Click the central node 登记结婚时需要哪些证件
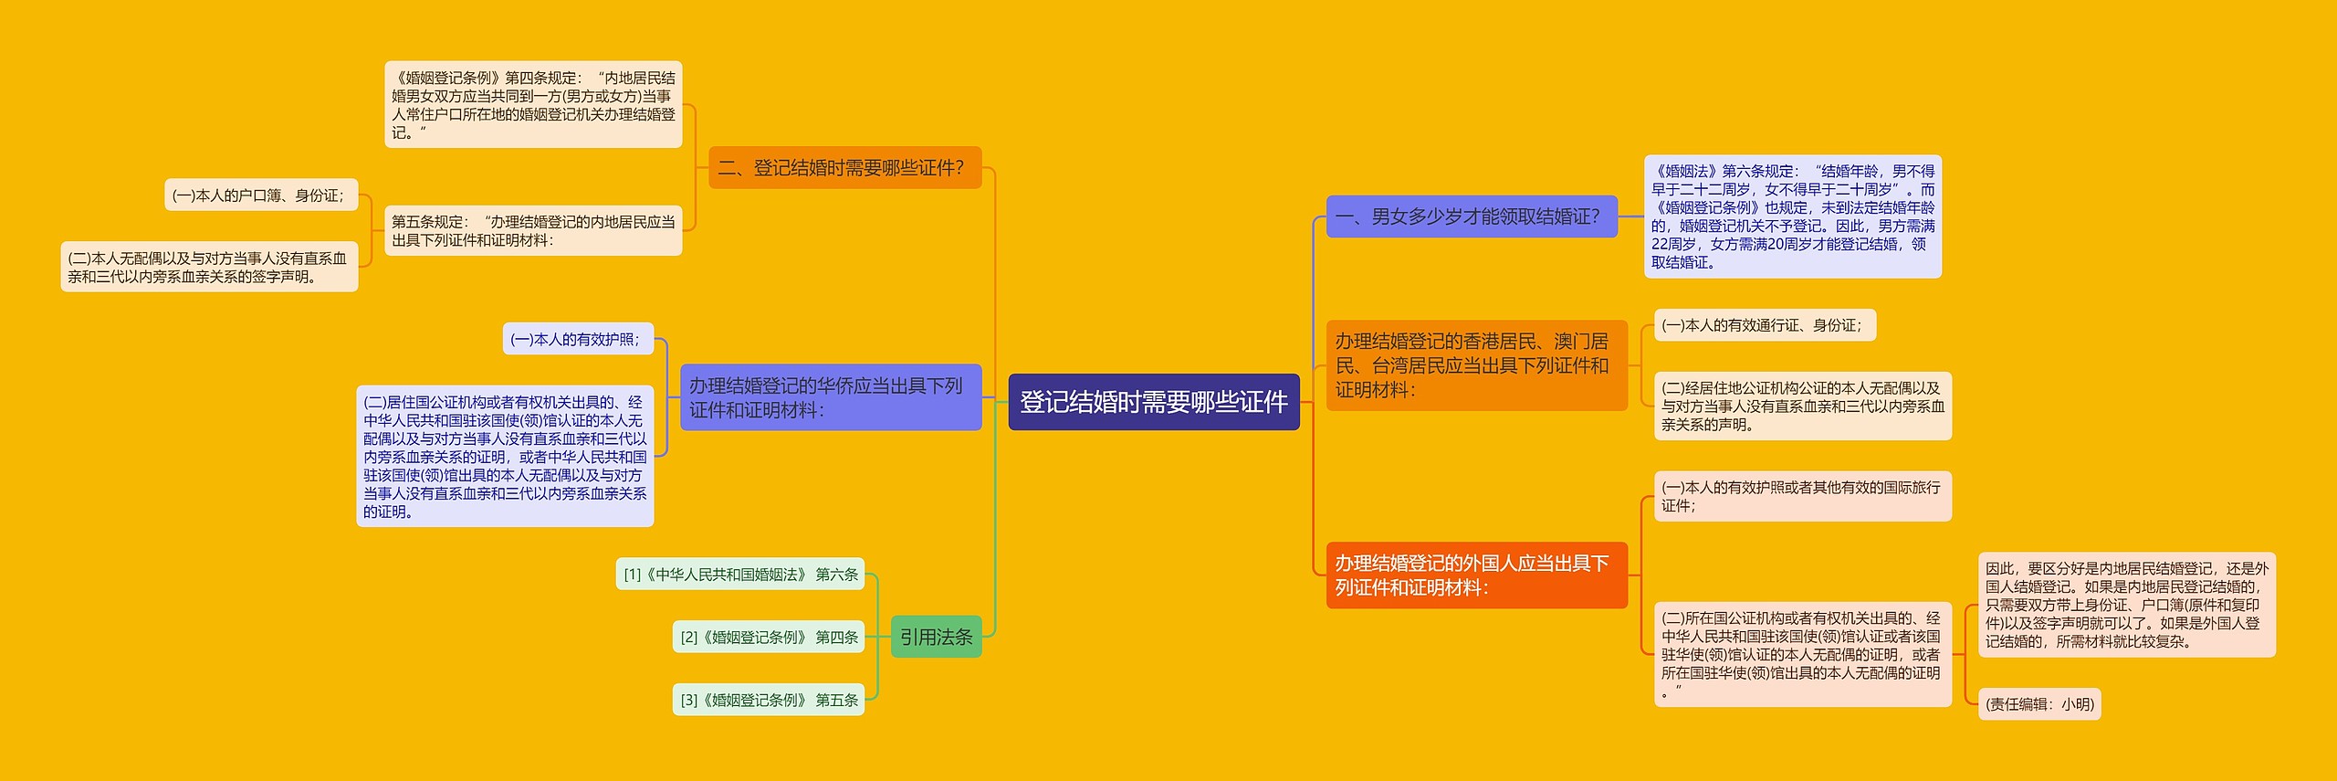coord(1153,402)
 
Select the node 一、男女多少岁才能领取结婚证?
coord(1471,216)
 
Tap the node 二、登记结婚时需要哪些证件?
coord(844,168)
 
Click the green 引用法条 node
coord(936,637)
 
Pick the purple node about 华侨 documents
coord(830,397)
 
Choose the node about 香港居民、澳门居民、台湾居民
coord(1476,365)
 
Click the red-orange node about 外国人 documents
coord(1476,575)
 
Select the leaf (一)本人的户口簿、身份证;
coord(260,195)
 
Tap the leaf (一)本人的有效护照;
coord(578,339)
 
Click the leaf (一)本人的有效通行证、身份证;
coord(1765,325)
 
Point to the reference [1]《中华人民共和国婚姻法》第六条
coord(740,575)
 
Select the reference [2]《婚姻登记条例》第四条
coord(769,637)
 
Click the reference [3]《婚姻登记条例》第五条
coord(769,700)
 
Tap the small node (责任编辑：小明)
coord(2039,704)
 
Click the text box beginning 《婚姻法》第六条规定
coord(1792,216)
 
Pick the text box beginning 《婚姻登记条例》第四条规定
coord(533,105)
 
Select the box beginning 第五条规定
coord(533,231)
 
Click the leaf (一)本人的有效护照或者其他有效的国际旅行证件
coord(1802,496)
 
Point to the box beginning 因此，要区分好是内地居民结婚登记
coord(2126,605)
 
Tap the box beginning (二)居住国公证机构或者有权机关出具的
coord(505,456)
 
